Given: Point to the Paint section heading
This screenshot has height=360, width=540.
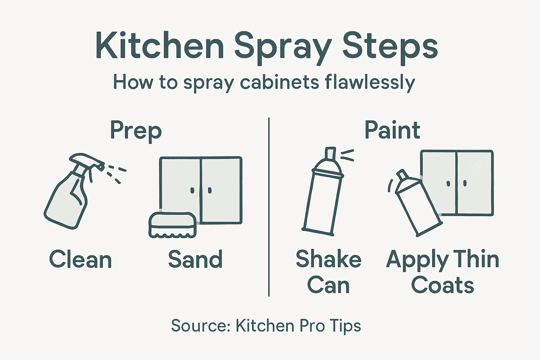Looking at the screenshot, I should pyautogui.click(x=392, y=130).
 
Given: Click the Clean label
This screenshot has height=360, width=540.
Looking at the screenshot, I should pyautogui.click(x=81, y=259).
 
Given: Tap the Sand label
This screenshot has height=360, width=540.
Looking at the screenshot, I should pyautogui.click(x=195, y=259).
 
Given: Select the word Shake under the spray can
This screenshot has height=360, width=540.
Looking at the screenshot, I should pyautogui.click(x=328, y=259).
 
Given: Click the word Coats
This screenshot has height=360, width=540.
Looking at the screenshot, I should pyautogui.click(x=442, y=285).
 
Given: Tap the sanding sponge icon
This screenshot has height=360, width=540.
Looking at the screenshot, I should pyautogui.click(x=172, y=225).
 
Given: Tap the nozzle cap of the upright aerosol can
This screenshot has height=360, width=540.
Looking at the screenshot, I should pyautogui.click(x=330, y=154).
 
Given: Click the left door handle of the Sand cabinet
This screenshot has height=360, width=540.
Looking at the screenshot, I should pyautogui.click(x=192, y=191).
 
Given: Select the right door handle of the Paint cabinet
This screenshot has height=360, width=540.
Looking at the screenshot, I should pyautogui.click(x=465, y=183).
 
